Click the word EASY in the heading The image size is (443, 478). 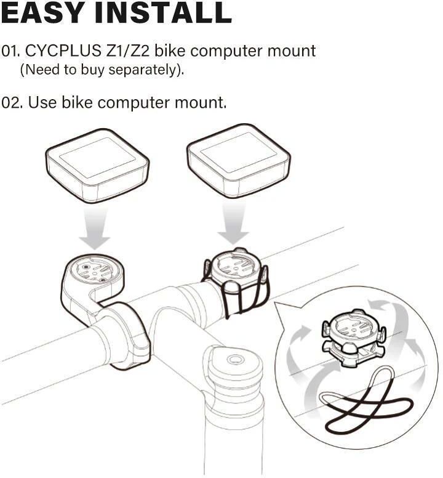43,13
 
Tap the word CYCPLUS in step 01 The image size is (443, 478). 63,51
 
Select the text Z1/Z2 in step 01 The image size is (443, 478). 127,51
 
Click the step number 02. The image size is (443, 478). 12,103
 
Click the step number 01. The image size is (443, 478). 10,51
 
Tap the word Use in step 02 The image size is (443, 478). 42,103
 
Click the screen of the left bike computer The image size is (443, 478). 97,158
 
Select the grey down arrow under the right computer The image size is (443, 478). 234,222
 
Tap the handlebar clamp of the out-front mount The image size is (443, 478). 125,334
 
